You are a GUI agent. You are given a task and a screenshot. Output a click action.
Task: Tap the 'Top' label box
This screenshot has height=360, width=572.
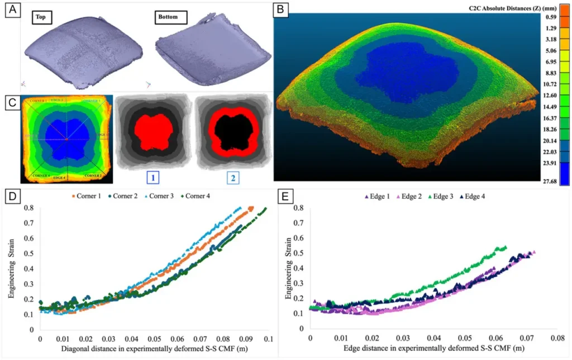41,18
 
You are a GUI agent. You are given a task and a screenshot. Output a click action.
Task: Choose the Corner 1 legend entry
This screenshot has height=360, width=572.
88,196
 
